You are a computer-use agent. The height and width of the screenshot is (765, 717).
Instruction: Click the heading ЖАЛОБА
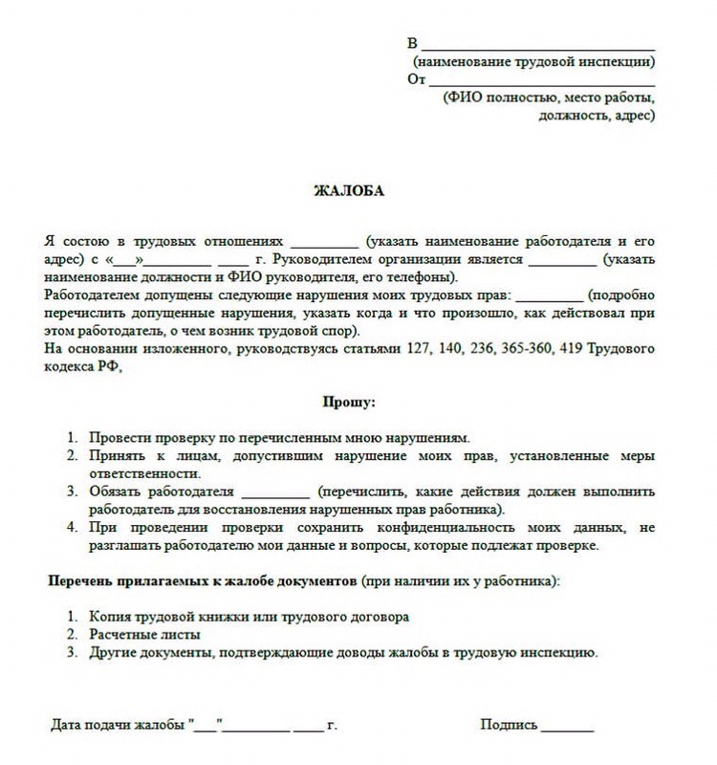tap(349, 190)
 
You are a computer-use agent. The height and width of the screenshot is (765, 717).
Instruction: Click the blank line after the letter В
tap(537, 45)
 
